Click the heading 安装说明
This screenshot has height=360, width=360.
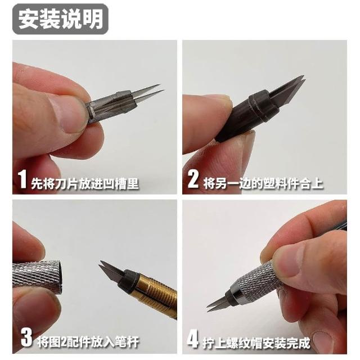click(x=60, y=19)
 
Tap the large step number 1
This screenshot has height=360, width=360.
click(x=22, y=179)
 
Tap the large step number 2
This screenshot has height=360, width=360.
click(x=193, y=179)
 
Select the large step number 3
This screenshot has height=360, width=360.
click(x=26, y=337)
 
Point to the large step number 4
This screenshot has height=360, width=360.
click(x=192, y=339)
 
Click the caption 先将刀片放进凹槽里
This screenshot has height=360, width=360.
click(x=85, y=183)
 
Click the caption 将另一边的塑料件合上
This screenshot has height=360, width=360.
click(x=263, y=183)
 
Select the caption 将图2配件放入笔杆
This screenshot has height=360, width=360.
click(x=88, y=341)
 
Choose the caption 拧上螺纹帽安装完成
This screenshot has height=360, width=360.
click(x=256, y=343)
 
